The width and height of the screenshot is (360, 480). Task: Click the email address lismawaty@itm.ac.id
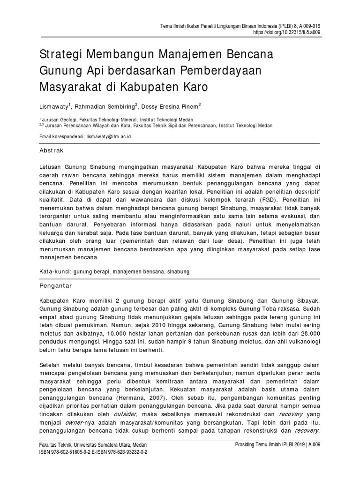108,136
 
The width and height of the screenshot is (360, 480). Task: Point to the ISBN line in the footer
90,454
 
